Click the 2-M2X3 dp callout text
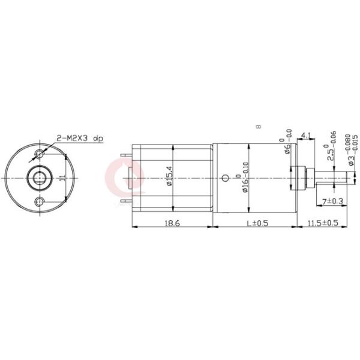(x=79, y=139)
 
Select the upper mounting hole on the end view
(x=40, y=155)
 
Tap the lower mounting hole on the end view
(x=40, y=200)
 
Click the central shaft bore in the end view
(x=40, y=178)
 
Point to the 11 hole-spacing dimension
(x=62, y=178)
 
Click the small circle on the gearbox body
(x=225, y=178)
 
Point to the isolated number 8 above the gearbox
(x=258, y=127)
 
